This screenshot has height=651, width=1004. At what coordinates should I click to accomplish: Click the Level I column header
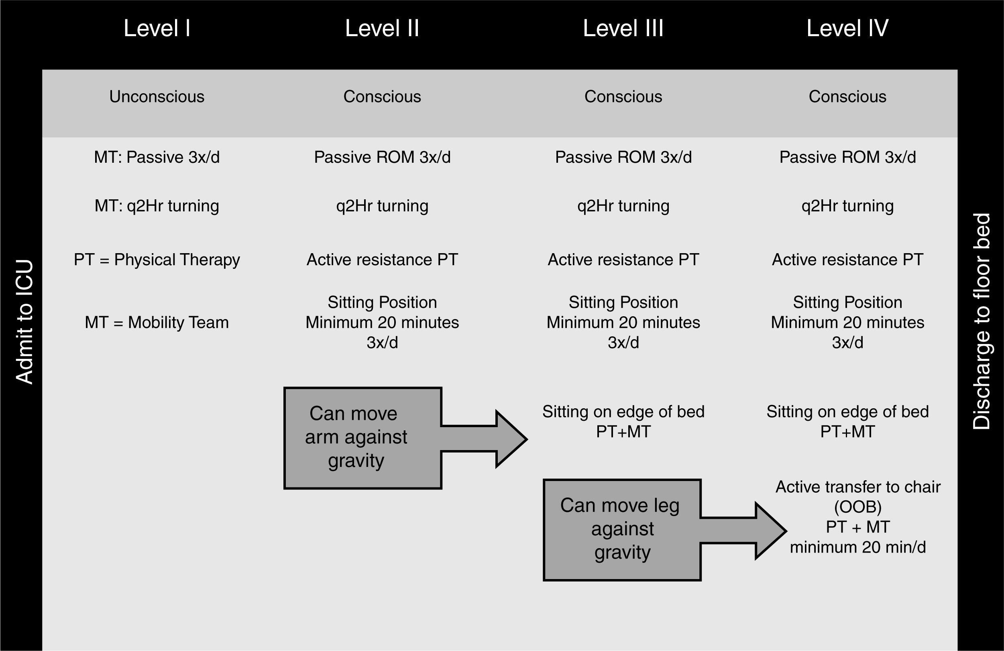pos(157,29)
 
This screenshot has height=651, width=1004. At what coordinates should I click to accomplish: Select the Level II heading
pos(382,29)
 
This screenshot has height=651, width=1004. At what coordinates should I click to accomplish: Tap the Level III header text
pos(623,29)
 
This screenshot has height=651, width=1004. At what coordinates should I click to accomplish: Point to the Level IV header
pos(847,29)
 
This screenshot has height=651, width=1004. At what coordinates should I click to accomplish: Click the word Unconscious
pos(157,97)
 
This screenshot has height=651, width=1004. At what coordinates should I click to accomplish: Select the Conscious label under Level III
pos(623,97)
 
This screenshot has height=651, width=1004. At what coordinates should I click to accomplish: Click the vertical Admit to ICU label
pos(24,322)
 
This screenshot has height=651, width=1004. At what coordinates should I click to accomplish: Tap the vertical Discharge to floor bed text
pos(981,322)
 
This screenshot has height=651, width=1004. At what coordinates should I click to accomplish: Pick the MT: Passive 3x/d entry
pos(157,157)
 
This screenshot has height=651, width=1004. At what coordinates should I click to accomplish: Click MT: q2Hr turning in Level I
pos(157,206)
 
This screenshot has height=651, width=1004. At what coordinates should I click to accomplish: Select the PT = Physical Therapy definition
pos(157,260)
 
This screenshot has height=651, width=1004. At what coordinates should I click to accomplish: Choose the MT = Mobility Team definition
pos(157,323)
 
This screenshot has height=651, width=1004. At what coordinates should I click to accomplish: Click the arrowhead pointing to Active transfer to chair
pos(770,531)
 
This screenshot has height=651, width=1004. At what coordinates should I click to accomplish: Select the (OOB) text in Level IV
pos(857,507)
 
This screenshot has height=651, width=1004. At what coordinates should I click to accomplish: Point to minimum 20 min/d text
pos(857,547)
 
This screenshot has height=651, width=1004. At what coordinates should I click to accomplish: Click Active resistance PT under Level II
pos(382,260)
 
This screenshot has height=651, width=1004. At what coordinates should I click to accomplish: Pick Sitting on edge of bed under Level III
pos(623,411)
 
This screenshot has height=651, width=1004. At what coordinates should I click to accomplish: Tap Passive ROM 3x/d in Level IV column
pos(847,157)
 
